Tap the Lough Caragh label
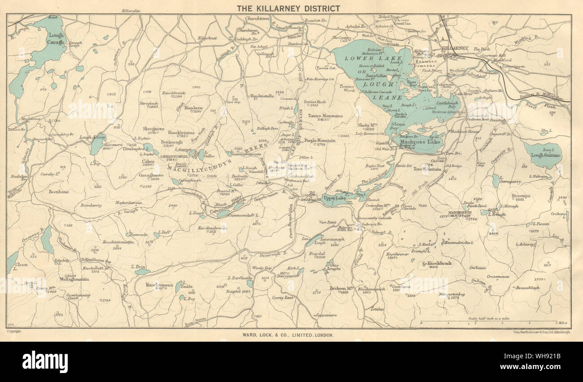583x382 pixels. click(x=56, y=39)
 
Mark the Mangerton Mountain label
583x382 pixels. click(x=461, y=214)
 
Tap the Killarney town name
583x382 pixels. click(x=455, y=48)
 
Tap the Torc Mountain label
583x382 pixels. click(x=427, y=169)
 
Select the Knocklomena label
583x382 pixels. click(x=160, y=285)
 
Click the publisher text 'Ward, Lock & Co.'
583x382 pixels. click(x=288, y=335)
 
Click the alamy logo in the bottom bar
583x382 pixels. click(x=45, y=362)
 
